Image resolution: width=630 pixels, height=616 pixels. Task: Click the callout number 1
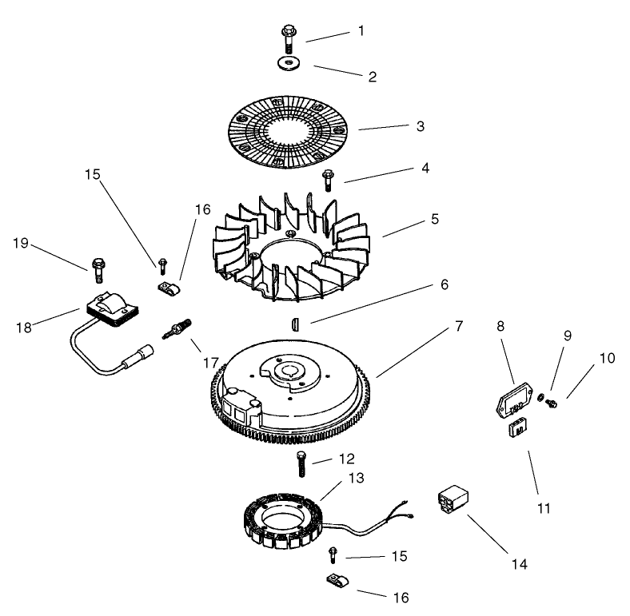pos(361,31)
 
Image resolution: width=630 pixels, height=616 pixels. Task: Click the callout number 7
pos(458,326)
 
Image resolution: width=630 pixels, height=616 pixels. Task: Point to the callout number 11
pos(544,507)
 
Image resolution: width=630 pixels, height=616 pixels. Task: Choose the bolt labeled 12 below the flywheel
pos(301,463)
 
